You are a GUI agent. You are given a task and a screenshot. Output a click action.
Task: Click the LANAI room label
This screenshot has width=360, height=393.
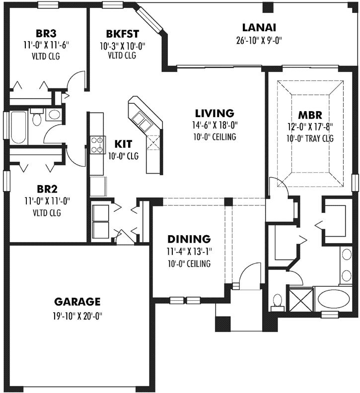coord(259,27)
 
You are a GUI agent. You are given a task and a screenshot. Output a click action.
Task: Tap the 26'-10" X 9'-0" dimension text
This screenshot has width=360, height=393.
coord(259,41)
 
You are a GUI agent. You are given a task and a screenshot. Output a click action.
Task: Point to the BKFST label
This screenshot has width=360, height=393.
coord(122,34)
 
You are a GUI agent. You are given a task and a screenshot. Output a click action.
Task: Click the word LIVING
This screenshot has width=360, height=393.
coord(215,113)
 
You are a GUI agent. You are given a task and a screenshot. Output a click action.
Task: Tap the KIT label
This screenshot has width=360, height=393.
coord(123,144)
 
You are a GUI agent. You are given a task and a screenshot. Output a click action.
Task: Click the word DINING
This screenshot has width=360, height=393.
coord(189,239)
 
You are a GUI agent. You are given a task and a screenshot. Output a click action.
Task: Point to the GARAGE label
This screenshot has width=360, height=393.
coord(77,301)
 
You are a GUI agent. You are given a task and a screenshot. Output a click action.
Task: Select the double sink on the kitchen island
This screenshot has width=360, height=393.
coord(140,120)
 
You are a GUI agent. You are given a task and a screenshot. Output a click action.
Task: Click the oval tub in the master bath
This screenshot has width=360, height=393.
coord(334,299)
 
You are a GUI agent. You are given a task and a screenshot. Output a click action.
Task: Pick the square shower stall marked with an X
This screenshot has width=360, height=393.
coord(300,299)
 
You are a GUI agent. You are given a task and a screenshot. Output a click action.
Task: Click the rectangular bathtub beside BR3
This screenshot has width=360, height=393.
coord(17,128)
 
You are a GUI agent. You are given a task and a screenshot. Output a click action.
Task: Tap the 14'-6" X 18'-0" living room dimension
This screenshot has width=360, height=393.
coord(215,125)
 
